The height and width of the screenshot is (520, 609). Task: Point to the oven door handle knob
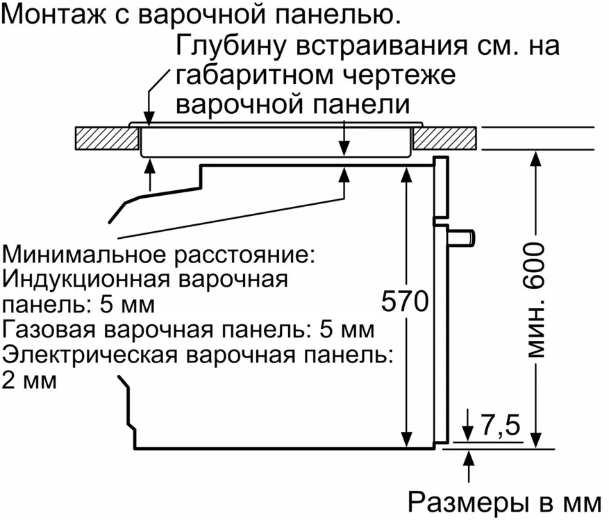(x=464, y=237)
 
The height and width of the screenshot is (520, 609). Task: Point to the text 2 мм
(x=29, y=380)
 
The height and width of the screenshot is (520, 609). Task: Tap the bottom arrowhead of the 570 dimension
(x=406, y=438)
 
